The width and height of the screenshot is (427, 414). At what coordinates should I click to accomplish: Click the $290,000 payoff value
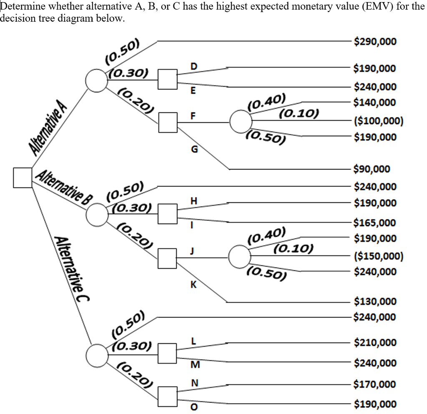[x=375, y=42]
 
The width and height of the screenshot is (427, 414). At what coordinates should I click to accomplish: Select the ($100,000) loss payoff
[x=378, y=121]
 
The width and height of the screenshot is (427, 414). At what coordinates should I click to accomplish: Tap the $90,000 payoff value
[x=372, y=169]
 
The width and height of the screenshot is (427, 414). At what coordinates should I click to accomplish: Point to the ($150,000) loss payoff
[x=378, y=256]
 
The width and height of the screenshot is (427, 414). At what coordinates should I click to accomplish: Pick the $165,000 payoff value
[x=375, y=222]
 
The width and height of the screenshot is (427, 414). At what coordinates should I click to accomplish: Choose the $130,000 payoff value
[x=375, y=301]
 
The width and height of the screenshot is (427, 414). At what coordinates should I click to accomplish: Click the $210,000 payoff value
[x=375, y=343]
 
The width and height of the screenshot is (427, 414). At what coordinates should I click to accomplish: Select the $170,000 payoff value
[x=375, y=384]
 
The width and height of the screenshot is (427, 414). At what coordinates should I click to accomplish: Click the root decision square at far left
[x=23, y=177]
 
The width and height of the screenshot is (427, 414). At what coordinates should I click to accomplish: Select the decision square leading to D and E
[x=168, y=79]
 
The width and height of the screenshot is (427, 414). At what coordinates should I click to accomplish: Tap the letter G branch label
[x=193, y=149]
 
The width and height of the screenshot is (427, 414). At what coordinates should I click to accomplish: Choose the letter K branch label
[x=193, y=285]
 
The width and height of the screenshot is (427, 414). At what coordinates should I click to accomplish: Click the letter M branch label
[x=193, y=366]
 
